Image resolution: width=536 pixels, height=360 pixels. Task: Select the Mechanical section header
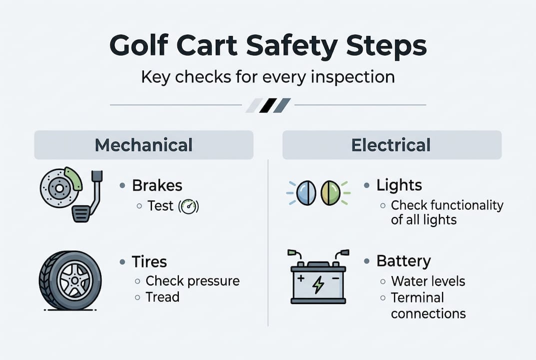tap(143, 145)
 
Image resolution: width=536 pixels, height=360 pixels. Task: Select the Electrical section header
tap(391, 145)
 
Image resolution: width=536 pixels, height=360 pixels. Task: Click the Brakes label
tap(157, 185)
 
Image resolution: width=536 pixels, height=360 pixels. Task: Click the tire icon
tap(70, 280)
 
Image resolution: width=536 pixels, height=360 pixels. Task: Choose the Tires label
tap(149, 261)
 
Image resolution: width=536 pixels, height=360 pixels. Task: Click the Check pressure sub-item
tap(192, 281)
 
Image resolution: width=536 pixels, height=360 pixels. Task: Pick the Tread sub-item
tap(162, 297)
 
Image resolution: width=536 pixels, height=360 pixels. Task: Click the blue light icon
tap(305, 193)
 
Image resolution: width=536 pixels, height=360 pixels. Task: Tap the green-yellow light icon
tap(330, 193)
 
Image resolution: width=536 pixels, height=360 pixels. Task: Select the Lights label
tap(399, 185)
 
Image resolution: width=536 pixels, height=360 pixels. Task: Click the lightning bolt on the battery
tap(318, 285)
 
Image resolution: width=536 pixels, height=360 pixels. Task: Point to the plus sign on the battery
tap(301, 276)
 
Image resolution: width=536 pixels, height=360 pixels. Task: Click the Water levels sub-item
tap(428, 281)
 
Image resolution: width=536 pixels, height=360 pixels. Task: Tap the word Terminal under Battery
tap(417, 297)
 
